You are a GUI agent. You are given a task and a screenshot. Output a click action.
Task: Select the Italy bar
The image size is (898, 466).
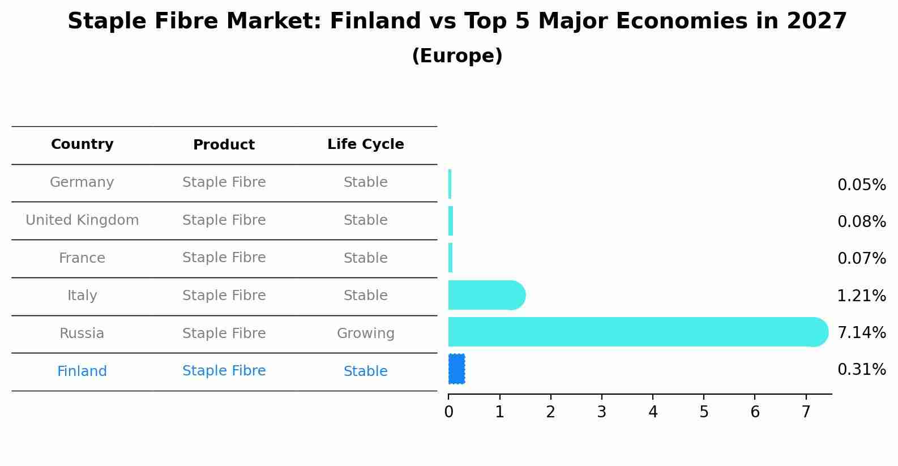coord(486,295)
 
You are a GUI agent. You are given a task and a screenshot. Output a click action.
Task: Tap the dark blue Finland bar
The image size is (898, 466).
coord(456,369)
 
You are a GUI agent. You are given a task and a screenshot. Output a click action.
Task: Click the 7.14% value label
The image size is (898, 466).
coord(861,332)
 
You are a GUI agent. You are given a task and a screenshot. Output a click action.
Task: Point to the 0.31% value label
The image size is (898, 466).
coord(861,370)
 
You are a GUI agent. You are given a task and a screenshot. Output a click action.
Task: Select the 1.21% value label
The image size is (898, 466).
coord(861,296)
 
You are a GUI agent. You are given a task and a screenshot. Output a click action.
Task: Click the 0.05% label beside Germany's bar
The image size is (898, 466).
coord(861,185)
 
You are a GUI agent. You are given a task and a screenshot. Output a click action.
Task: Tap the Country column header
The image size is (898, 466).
coord(82,144)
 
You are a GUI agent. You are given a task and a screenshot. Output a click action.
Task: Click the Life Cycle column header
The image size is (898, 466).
coord(365,144)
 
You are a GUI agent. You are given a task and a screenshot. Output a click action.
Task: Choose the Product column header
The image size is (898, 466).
coord(224,145)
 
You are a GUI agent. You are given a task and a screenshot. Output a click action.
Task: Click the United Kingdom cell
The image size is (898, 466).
coord(82,220)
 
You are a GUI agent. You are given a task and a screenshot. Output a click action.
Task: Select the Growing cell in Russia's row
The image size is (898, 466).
coord(365,334)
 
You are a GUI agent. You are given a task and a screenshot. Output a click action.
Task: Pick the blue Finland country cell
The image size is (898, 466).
coord(82,371)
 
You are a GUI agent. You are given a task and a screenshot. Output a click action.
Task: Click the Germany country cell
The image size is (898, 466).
coord(82,182)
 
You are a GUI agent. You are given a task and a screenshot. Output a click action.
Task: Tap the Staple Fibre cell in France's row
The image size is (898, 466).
coord(224,258)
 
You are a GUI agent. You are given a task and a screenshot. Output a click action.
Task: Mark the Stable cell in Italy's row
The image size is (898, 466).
coord(365,296)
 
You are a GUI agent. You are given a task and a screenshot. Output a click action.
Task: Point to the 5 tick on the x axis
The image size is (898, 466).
coord(704,412)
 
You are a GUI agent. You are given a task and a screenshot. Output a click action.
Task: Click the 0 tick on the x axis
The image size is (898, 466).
coord(448,412)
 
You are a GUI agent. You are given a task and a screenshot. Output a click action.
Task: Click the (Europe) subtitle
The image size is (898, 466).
coord(457,56)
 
